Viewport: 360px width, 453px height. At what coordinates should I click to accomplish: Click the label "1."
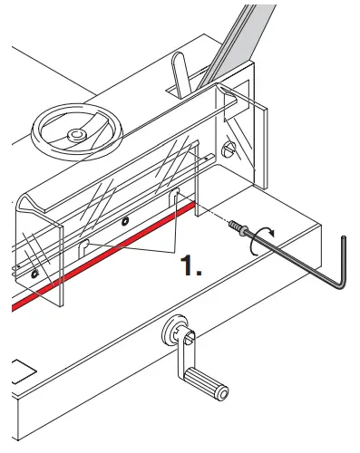click(190, 265)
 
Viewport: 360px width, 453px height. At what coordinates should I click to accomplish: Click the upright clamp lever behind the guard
click(180, 75)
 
